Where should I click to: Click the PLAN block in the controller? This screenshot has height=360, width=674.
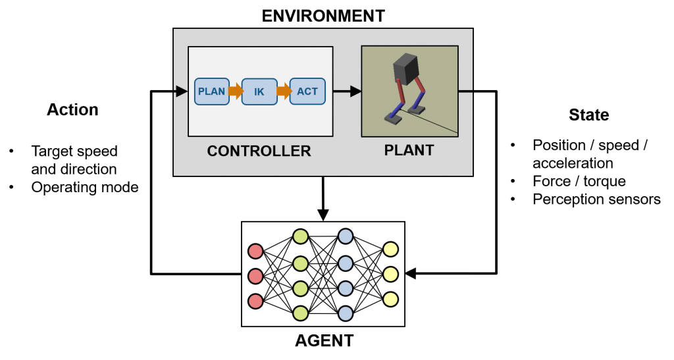coord(212,91)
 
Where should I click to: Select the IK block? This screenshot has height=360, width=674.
coord(259,92)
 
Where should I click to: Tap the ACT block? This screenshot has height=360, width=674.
coord(307,91)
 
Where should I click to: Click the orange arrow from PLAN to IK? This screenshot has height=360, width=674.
coord(236,91)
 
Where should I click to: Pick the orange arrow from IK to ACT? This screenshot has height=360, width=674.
coord(284,91)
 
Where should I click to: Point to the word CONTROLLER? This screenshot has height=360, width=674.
coord(259,151)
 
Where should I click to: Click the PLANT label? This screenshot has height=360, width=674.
coord(409,151)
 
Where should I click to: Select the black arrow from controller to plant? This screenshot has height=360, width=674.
coord(347,91)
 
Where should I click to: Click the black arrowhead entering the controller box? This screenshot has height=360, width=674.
coord(182,91)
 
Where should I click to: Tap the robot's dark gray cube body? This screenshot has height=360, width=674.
coord(405,68)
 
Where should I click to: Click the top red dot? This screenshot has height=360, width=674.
coord(255,251)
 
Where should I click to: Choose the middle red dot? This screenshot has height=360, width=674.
coord(255,276)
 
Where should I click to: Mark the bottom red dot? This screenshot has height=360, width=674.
coord(255,301)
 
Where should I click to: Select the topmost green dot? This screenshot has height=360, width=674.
coord(301,236)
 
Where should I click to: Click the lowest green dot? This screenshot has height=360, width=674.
coord(301,313)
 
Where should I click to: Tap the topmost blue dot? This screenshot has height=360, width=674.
coord(346,236)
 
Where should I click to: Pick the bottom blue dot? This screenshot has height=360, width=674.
coord(346,313)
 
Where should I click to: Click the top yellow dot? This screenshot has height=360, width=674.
coord(390,249)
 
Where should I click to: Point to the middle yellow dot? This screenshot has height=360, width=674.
coord(390,274)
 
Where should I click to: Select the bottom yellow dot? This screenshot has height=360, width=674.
coord(390,299)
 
